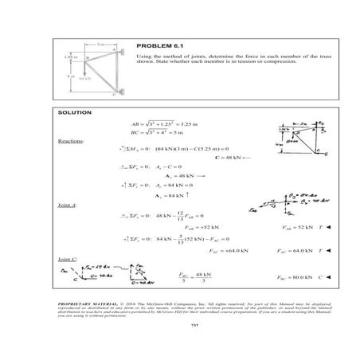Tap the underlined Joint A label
click(x=69, y=205)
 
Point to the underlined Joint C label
click(x=69, y=260)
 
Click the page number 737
click(x=180, y=327)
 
